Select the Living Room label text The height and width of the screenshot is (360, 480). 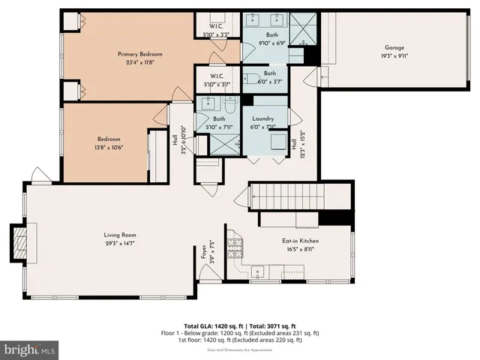click(x=120, y=235)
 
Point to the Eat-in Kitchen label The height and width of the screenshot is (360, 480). click(x=298, y=241)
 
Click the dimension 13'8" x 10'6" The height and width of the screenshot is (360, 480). click(x=109, y=147)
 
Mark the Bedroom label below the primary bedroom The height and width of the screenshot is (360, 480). click(x=109, y=139)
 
